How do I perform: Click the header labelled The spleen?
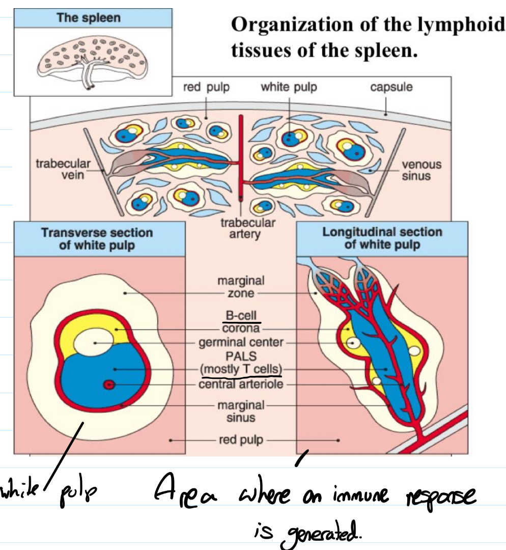click(x=89, y=18)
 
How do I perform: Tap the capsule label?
click(x=391, y=87)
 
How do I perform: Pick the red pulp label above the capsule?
click(x=206, y=87)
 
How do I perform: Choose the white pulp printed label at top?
click(x=289, y=87)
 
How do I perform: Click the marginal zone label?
click(x=241, y=287)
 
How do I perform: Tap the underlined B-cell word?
click(x=241, y=317)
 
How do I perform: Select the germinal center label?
click(x=241, y=342)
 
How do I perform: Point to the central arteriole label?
click(x=241, y=383)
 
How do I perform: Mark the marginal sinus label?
click(x=241, y=411)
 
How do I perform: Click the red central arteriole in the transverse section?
click(x=108, y=384)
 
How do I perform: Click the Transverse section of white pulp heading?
click(x=97, y=239)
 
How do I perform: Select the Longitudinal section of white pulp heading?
click(x=382, y=238)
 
